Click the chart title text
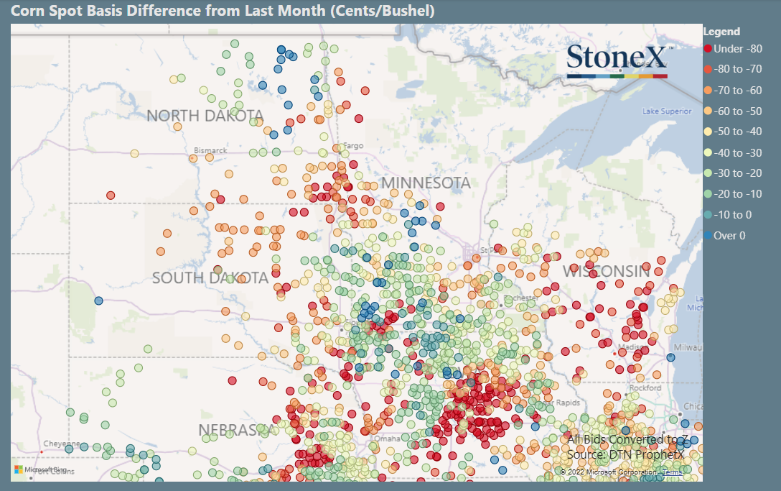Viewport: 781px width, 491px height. [x=223, y=11]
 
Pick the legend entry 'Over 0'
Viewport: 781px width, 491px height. [x=729, y=236]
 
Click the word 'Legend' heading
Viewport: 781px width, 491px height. [x=721, y=32]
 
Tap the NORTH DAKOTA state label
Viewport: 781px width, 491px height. [x=205, y=116]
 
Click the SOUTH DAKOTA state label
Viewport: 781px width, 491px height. [x=210, y=278]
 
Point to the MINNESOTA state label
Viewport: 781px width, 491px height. [x=426, y=183]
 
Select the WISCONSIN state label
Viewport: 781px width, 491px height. [x=607, y=272]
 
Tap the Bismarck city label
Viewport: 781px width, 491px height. [x=210, y=150]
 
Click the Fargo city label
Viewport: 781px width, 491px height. [x=354, y=146]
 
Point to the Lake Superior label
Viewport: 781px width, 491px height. [x=667, y=111]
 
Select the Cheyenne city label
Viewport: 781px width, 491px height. [x=62, y=444]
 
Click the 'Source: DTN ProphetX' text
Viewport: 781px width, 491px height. [x=625, y=455]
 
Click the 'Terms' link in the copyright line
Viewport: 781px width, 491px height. [x=673, y=472]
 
